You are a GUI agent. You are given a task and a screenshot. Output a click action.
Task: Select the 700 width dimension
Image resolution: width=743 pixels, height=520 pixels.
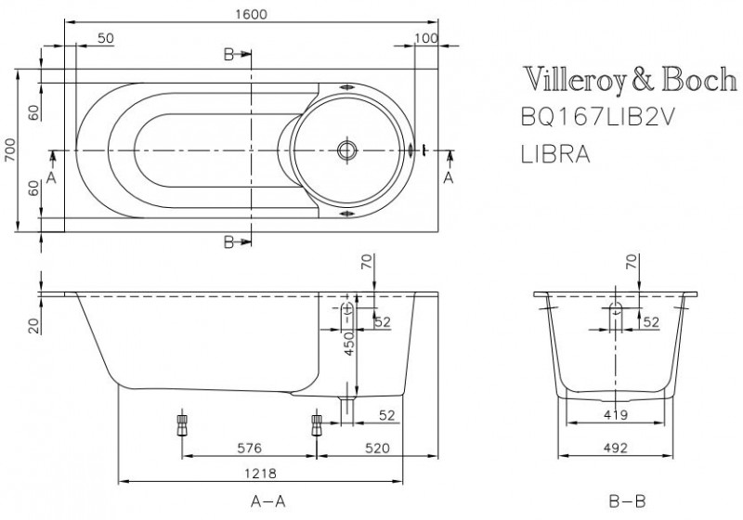[x=10, y=149]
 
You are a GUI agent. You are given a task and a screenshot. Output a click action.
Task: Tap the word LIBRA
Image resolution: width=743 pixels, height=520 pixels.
[x=554, y=153]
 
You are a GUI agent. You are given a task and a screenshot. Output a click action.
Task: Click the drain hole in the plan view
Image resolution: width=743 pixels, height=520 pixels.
[x=348, y=149]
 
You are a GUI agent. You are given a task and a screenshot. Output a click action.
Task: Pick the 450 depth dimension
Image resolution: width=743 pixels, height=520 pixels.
[x=349, y=345]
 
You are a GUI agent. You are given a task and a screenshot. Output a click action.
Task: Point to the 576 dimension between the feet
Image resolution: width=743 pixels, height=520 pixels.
[x=248, y=448]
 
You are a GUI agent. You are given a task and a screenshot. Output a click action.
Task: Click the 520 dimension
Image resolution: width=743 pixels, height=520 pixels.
[x=376, y=448]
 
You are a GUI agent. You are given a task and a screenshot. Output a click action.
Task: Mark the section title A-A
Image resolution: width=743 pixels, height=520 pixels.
[x=267, y=501]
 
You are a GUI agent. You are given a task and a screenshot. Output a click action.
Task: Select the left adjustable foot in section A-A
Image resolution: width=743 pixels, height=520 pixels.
[x=181, y=425]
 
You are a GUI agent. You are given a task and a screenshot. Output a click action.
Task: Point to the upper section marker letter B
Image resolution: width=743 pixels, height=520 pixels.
[x=228, y=55]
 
